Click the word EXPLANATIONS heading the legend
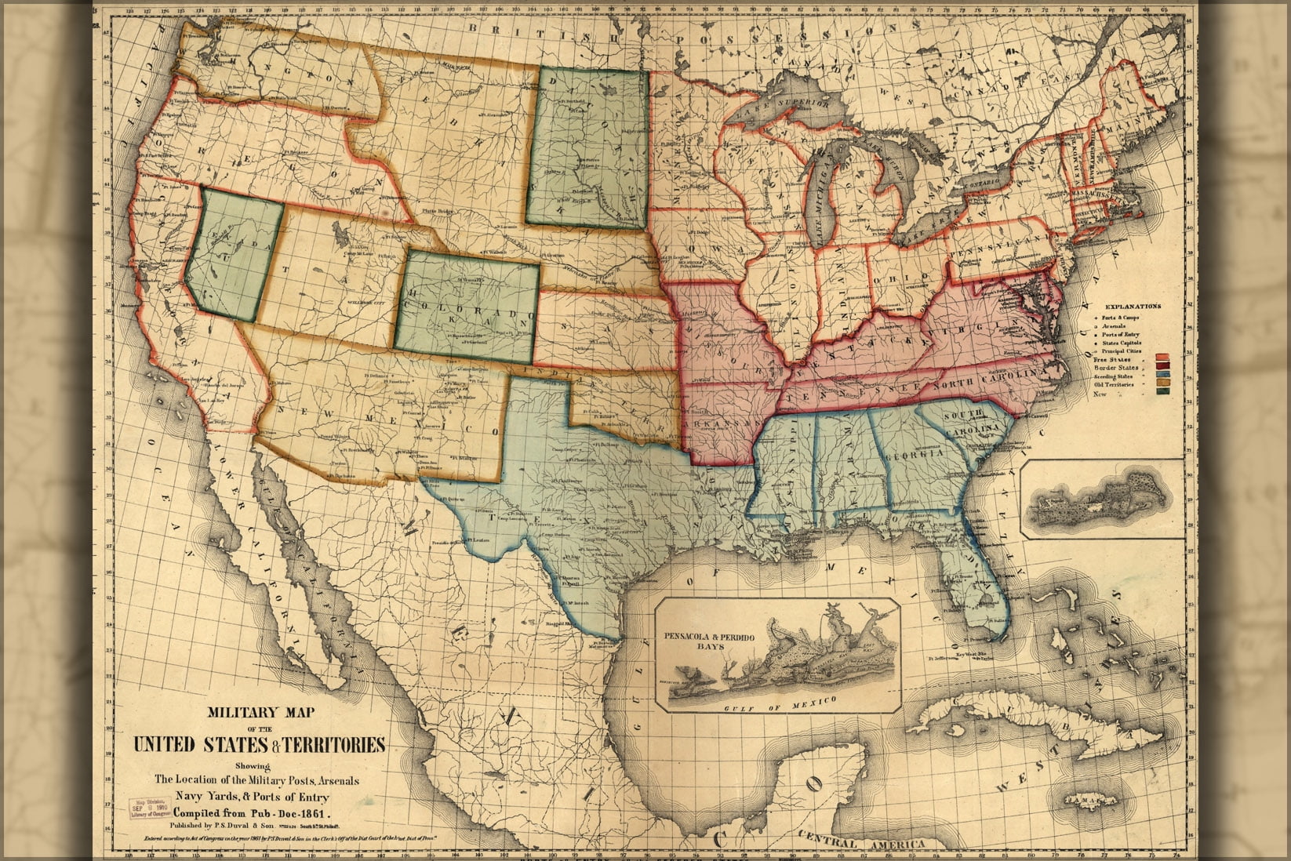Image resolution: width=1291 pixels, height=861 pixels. pos(1133,307)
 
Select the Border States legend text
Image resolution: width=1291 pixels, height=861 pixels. pos(1116,368)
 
